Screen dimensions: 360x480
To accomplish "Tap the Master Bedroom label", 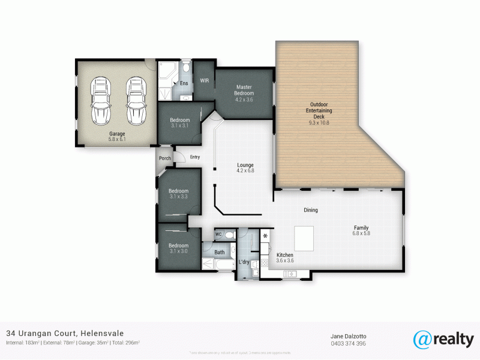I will click(x=244, y=90).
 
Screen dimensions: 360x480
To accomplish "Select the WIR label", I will click(x=204, y=81).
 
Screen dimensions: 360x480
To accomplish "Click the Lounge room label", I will click(x=245, y=167).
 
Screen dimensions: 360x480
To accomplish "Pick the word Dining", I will click(x=310, y=210).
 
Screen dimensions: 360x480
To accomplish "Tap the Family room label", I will click(x=361, y=230).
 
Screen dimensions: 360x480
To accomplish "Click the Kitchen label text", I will click(x=284, y=258).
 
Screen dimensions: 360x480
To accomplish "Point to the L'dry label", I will click(x=244, y=263).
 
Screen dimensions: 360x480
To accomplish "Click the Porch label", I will click(x=165, y=158).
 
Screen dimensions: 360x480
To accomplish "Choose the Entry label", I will click(x=195, y=157).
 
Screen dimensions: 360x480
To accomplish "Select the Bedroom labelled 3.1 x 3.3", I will click(x=178, y=193).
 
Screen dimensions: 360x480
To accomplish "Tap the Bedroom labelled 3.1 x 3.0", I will click(x=178, y=248).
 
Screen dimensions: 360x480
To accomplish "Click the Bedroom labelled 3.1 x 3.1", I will click(x=179, y=123).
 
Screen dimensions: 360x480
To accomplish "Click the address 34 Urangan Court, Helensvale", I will click(x=65, y=333).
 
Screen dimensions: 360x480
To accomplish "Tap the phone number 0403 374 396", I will click(x=348, y=343).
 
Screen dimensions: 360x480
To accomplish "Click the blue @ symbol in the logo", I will click(x=422, y=339).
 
